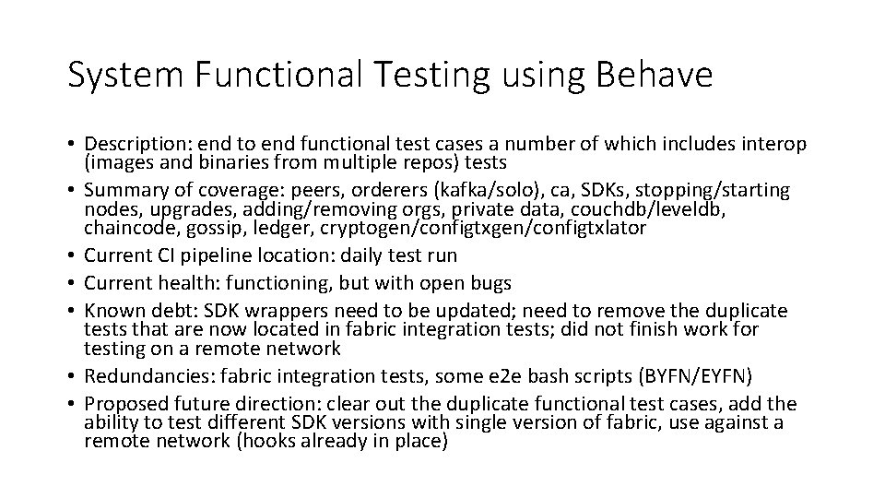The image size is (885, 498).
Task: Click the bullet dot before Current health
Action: pos(72,281)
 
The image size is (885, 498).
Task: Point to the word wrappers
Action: pos(266,309)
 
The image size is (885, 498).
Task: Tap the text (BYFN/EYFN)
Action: pos(713,376)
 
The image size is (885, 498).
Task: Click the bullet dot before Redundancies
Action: pos(72,376)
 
